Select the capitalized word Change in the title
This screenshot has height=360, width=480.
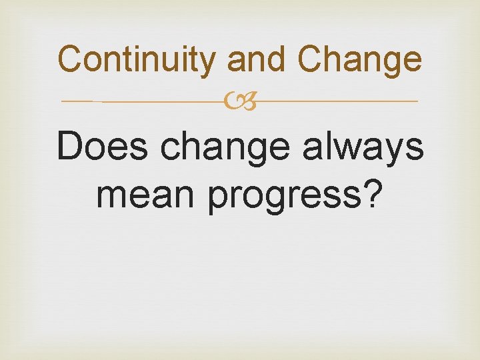tap(360, 60)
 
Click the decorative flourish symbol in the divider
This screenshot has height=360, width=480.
tap(240, 101)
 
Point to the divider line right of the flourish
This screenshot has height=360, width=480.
tap(337, 101)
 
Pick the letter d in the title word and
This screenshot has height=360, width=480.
tap(278, 59)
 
